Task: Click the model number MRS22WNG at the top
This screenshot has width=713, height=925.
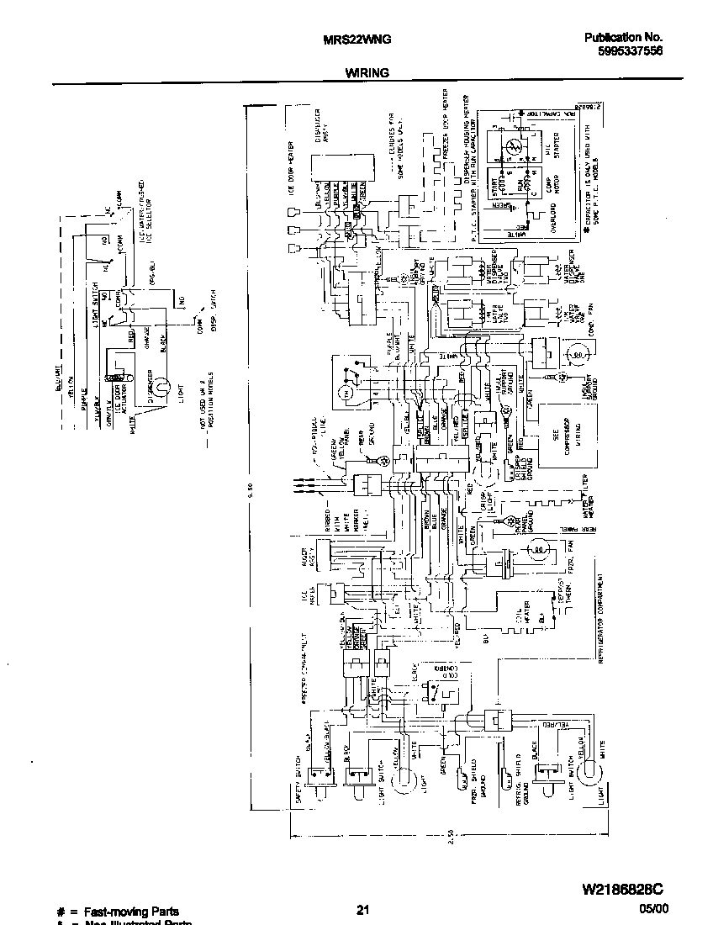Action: coord(356,39)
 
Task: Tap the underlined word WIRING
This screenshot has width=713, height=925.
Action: coord(367,73)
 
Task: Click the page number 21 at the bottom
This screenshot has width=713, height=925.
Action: coord(362,909)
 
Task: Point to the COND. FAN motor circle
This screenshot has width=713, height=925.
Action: coord(577,356)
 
